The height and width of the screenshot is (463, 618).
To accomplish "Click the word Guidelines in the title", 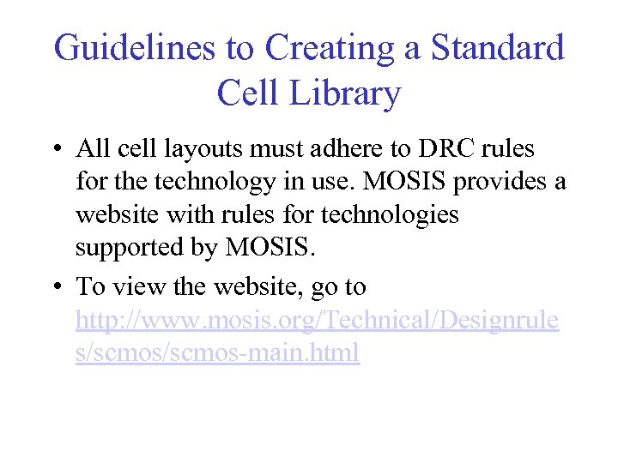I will point(133,48).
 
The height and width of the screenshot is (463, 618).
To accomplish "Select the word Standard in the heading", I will point(497,48).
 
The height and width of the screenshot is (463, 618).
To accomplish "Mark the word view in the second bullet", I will point(140,287).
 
